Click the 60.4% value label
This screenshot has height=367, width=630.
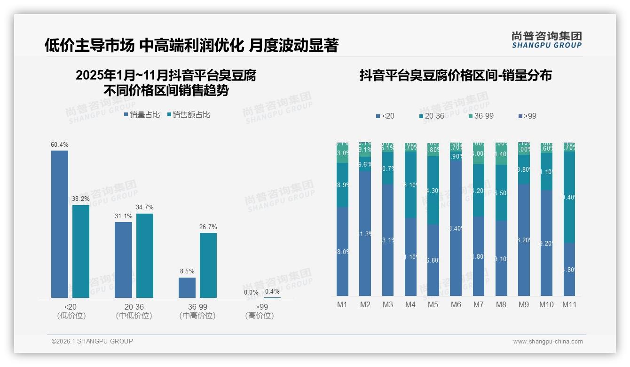tap(60, 144)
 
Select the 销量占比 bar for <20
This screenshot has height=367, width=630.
tap(60, 224)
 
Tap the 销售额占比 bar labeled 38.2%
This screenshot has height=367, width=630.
tap(81, 251)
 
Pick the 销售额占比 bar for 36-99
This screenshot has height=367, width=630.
tap(208, 265)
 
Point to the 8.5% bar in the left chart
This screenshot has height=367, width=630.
tap(187, 287)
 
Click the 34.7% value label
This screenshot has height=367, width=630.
tap(145, 207)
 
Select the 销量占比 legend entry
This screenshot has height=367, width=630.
tap(142, 115)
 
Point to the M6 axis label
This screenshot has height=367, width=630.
tap(456, 305)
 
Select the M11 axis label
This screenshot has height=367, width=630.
tap(569, 305)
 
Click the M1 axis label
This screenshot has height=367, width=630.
tap(342, 305)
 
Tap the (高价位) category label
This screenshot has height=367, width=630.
tap(260, 316)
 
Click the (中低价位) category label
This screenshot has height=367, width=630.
tap(134, 316)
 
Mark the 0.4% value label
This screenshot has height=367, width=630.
tap(272, 292)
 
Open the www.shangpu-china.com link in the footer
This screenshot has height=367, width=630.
tap(548, 342)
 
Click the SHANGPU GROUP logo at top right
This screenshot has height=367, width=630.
tap(547, 40)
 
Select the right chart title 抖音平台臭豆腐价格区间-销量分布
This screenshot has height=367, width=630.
tap(456, 75)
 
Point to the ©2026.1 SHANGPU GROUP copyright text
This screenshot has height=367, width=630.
tap(93, 341)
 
